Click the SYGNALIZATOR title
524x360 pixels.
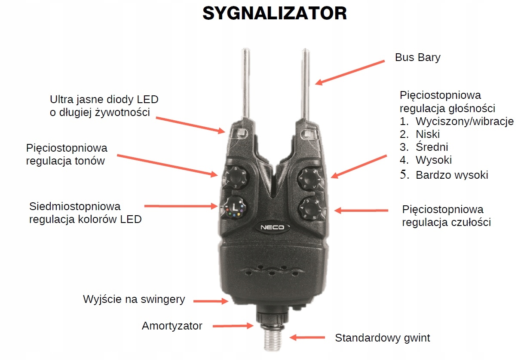pos(274,13)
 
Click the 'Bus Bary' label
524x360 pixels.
pos(417,58)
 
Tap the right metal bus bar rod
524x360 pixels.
pos(306,86)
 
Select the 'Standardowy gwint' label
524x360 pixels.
pos(382,338)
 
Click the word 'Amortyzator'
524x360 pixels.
pos(172,326)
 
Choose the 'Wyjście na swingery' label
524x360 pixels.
pos(134,299)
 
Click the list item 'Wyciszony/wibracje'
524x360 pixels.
pos(464,122)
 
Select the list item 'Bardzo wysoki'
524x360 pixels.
pos(452,175)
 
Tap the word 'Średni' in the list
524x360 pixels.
pos(432,147)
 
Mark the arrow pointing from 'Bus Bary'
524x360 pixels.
pos(350,72)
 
